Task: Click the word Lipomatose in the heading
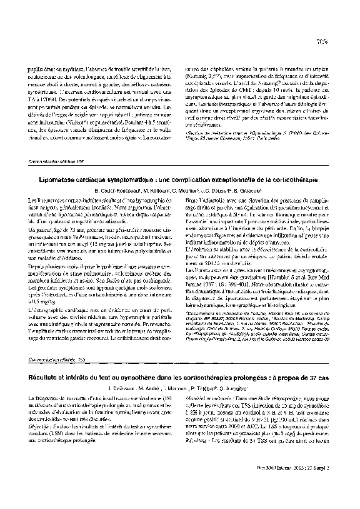(55, 179)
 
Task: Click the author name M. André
(146, 388)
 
